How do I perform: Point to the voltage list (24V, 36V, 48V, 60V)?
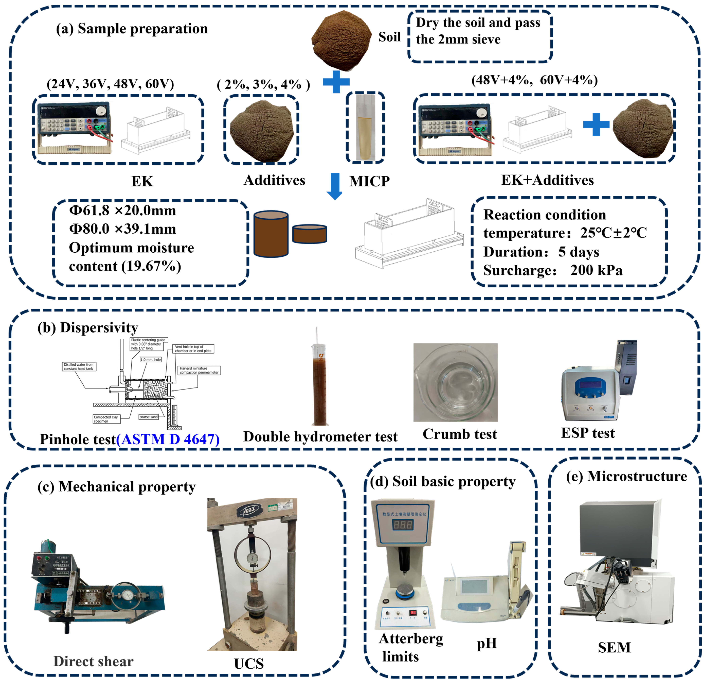tap(110, 84)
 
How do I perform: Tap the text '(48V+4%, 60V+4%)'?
tap(535, 80)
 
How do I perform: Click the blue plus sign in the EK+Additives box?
tap(596, 124)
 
